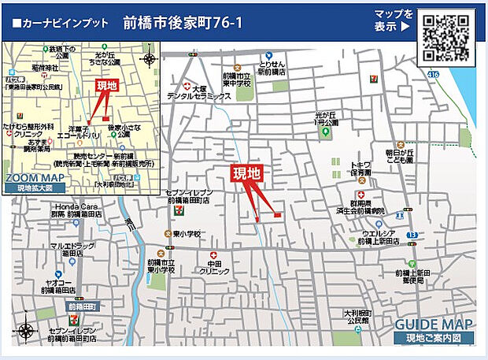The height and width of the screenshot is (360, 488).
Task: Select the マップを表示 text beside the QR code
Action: [x=393, y=20]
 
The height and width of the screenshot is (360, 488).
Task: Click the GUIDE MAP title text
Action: [x=433, y=325]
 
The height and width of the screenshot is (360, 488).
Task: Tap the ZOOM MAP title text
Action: [x=34, y=178]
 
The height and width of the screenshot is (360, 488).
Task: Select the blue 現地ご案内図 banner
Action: [x=434, y=338]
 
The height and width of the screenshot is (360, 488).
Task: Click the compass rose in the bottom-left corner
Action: [x=25, y=331]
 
